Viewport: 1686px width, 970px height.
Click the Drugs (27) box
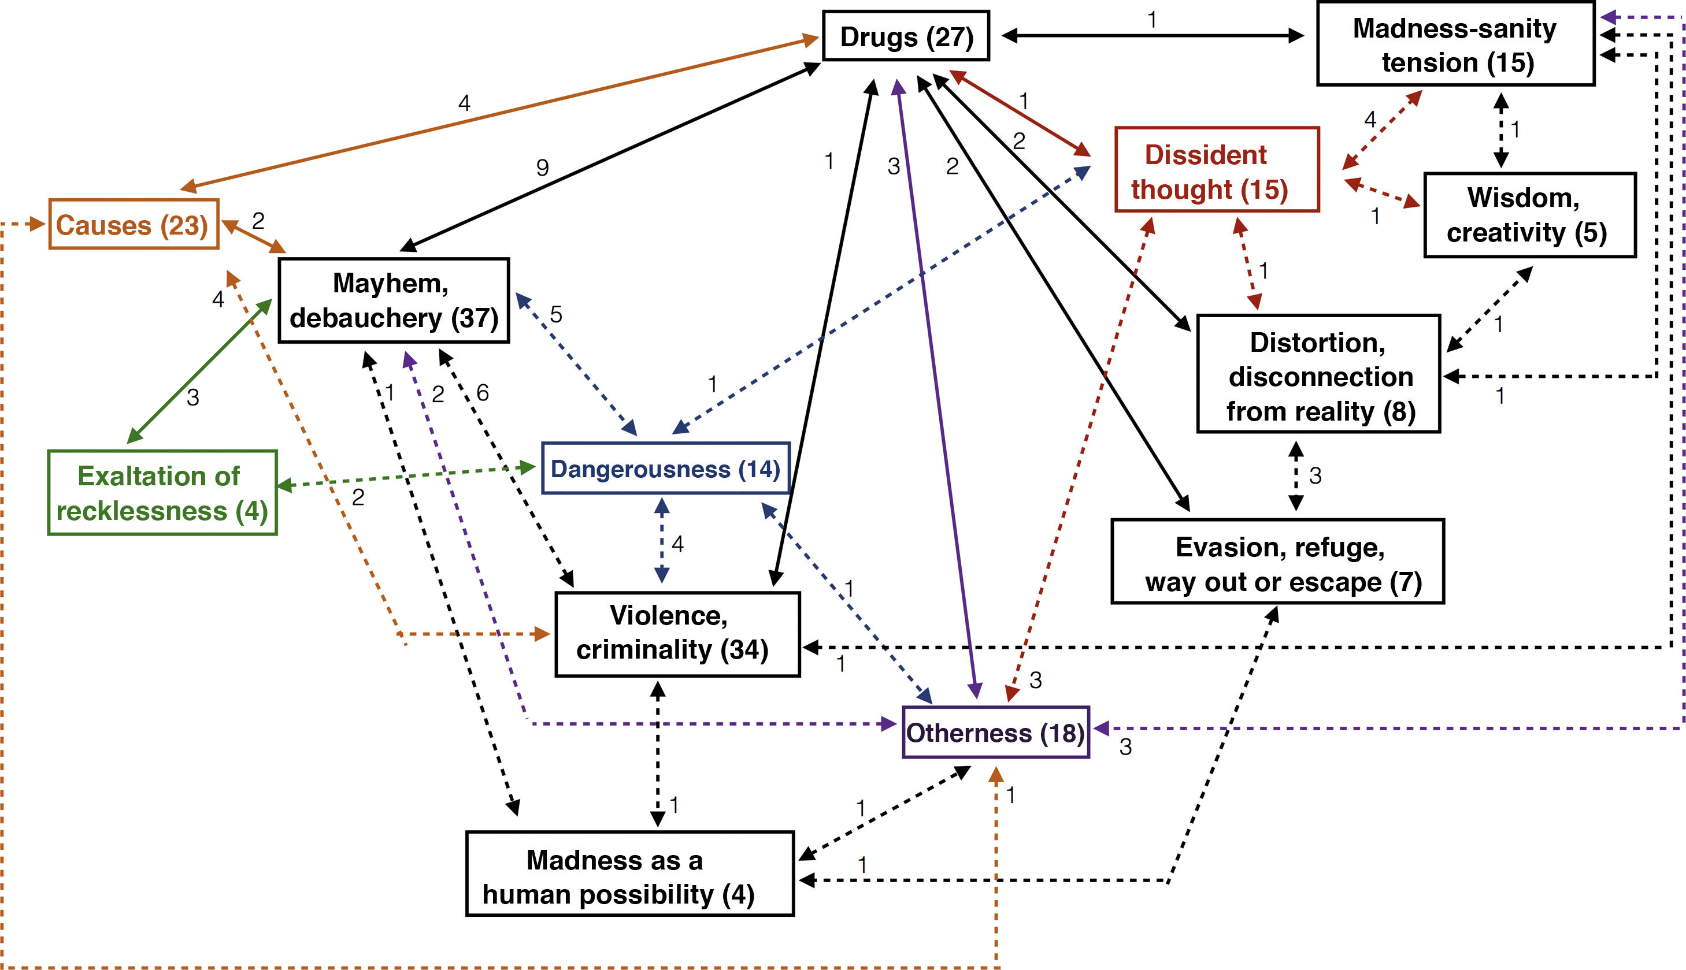pyautogui.click(x=906, y=36)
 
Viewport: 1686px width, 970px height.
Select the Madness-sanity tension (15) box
pyautogui.click(x=1455, y=44)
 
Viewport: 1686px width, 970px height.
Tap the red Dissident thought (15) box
pyautogui.click(x=1216, y=170)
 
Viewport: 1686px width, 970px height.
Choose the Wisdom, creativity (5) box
pyautogui.click(x=1529, y=215)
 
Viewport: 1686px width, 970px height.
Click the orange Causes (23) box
pyautogui.click(x=134, y=225)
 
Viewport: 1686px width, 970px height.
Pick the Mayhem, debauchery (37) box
pyautogui.click(x=393, y=300)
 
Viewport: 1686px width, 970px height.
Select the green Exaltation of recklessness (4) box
pyautogui.click(x=162, y=493)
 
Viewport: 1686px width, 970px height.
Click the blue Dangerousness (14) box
pyautogui.click(x=665, y=469)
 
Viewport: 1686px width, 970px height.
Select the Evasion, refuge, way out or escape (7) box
pyautogui.click(x=1277, y=562)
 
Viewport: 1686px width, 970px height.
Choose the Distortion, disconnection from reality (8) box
pyautogui.click(x=1318, y=375)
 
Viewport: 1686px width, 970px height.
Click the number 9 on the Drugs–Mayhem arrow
pyautogui.click(x=543, y=167)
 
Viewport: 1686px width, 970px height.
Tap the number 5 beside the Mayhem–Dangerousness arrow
pyautogui.click(x=556, y=314)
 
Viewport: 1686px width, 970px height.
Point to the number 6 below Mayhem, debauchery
pyautogui.click(x=483, y=393)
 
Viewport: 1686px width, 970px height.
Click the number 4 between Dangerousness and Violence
pyautogui.click(x=678, y=544)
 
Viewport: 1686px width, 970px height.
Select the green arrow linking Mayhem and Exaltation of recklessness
pyautogui.click(x=200, y=371)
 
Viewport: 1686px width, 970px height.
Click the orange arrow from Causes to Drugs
pyautogui.click(x=500, y=113)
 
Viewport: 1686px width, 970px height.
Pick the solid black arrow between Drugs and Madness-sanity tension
pyautogui.click(x=1153, y=36)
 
